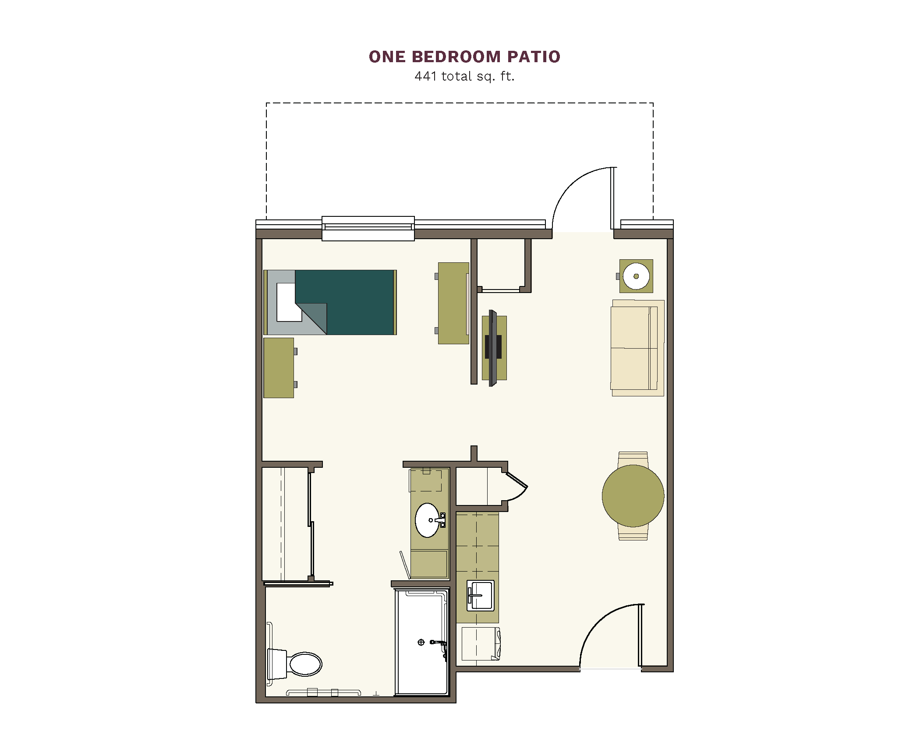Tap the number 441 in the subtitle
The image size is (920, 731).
tap(426, 76)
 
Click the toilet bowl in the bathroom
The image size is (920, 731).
tap(306, 664)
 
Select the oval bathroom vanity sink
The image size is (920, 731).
tap(427, 520)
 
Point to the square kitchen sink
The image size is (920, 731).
tap(481, 595)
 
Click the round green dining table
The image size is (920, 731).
tap(633, 496)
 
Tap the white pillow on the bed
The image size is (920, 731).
tap(288, 302)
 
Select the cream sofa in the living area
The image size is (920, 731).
tap(638, 348)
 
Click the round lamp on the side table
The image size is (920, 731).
tap(636, 276)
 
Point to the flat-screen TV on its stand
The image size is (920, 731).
tap(493, 348)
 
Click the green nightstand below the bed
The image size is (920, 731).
tap(279, 367)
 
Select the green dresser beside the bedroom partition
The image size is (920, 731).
tap(453, 303)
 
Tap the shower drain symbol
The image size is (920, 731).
tap(421, 642)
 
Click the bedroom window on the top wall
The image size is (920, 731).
tap(368, 228)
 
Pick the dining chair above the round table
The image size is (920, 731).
tap(633, 459)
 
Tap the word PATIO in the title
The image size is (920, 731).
tap(534, 57)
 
